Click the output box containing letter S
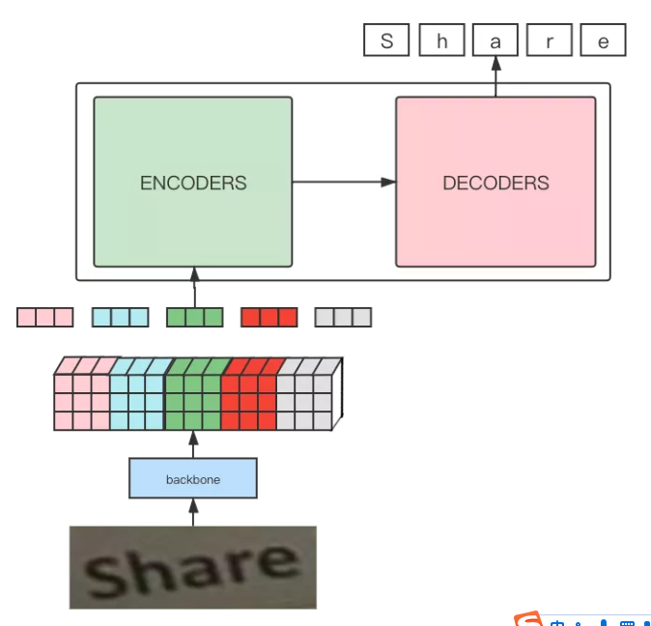[x=386, y=40]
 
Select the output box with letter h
[x=441, y=40]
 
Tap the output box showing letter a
[x=495, y=40]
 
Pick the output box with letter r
[x=550, y=40]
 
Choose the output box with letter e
[x=603, y=40]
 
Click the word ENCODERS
[x=193, y=184]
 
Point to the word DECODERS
[x=495, y=184]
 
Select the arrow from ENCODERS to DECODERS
[x=344, y=182]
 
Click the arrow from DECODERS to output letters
[x=495, y=76]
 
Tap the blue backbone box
[x=193, y=478]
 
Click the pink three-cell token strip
[x=45, y=317]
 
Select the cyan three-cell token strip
[x=121, y=317]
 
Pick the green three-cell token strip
[x=195, y=317]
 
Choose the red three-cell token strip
[x=269, y=317]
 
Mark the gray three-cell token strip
[x=343, y=317]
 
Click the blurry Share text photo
[x=193, y=567]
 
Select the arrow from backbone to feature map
[x=193, y=444]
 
